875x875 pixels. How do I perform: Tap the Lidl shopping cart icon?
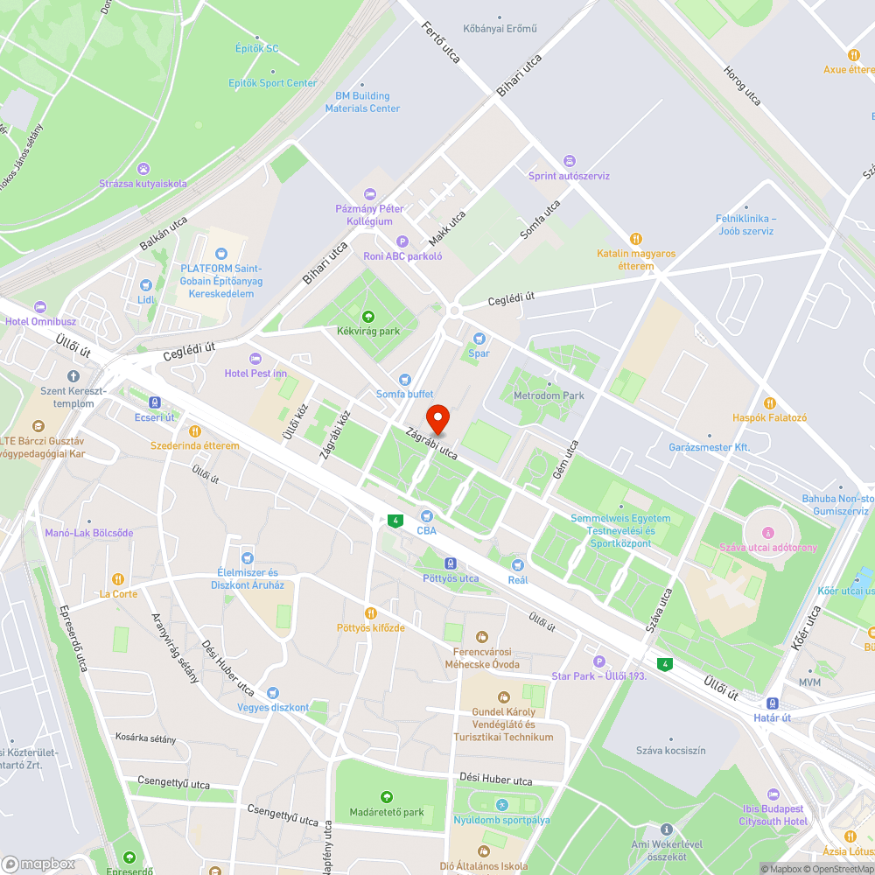tap(146, 284)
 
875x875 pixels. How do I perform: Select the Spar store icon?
tap(479, 339)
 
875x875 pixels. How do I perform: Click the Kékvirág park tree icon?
tap(367, 317)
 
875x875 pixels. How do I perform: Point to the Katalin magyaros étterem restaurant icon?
tap(636, 238)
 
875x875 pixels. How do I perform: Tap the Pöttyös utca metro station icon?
tap(451, 563)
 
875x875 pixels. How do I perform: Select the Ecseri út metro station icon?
tap(155, 402)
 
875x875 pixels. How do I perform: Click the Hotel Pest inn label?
tap(268, 374)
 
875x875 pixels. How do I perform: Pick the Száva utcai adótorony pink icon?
tap(767, 533)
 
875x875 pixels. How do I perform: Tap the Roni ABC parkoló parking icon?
tap(402, 241)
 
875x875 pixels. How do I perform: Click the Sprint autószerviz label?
tap(569, 175)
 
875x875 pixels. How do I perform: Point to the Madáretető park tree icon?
tap(387, 797)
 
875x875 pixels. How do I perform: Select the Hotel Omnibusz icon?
tap(39, 306)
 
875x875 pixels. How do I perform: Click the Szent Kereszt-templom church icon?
tap(73, 375)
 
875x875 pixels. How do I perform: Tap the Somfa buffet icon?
tap(404, 379)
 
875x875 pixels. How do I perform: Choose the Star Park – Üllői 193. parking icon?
tap(598, 661)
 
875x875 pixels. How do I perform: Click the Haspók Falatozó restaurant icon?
tap(770, 402)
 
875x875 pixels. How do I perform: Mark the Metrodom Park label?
tap(549, 395)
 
